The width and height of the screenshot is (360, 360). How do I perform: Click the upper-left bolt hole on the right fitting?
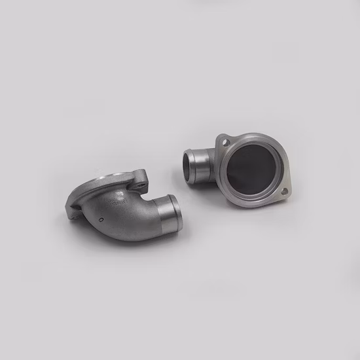(225, 142)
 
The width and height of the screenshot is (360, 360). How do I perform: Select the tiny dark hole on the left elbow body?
(100, 217)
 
